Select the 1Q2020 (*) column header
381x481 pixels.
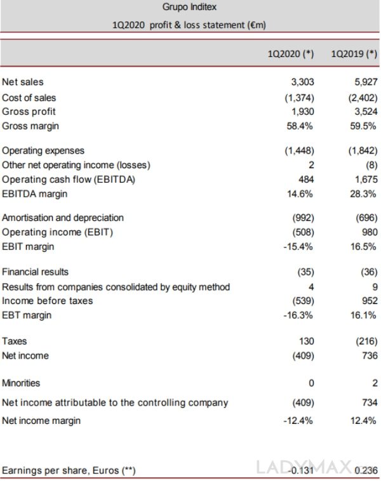pyautogui.click(x=291, y=54)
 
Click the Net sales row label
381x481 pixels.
pyautogui.click(x=23, y=82)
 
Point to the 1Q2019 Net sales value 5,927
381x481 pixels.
pyautogui.click(x=366, y=82)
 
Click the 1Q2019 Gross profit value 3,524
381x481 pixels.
pyautogui.click(x=366, y=111)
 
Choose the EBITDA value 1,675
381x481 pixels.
pyautogui.click(x=366, y=180)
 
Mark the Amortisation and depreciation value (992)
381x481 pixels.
pyautogui.click(x=302, y=218)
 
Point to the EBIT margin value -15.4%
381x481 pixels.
pyautogui.click(x=298, y=246)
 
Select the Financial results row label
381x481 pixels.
pyautogui.click(x=36, y=272)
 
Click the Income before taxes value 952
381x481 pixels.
pyautogui.click(x=370, y=300)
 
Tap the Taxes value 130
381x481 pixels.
pyautogui.click(x=306, y=341)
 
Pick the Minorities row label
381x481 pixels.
pyautogui.click(x=21, y=383)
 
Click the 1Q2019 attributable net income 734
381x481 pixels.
pyautogui.click(x=370, y=402)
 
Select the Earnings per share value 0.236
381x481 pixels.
pyautogui.click(x=366, y=470)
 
